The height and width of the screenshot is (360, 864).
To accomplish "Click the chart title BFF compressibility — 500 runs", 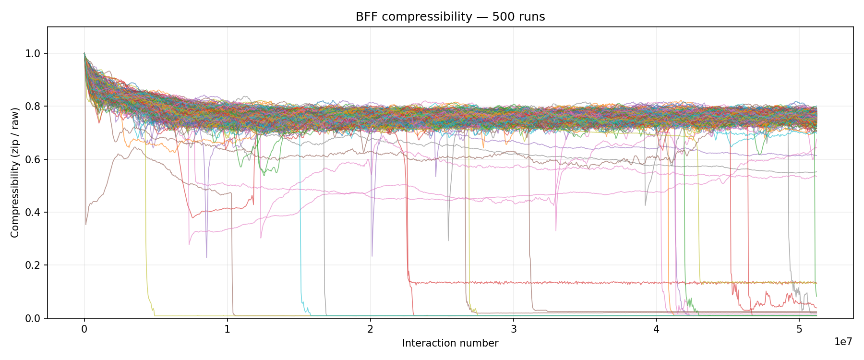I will click(x=450, y=17).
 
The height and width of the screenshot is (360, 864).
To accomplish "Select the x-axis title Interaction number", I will click(x=450, y=343).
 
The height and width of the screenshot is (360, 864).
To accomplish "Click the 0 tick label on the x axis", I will click(x=84, y=330).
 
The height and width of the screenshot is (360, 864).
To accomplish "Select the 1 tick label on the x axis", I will click(x=228, y=330).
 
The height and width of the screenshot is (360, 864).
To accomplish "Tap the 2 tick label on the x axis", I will click(x=371, y=330).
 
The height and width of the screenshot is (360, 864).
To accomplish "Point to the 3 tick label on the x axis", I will click(x=514, y=330).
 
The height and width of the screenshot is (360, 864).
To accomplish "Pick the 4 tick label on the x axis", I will click(x=656, y=330).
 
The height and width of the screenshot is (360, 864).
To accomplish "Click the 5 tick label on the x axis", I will click(x=799, y=330).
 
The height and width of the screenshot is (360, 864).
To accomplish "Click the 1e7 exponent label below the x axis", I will click(x=843, y=342).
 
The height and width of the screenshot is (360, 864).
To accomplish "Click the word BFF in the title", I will click(x=364, y=17).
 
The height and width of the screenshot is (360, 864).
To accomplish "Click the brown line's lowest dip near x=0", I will click(x=86, y=224).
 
